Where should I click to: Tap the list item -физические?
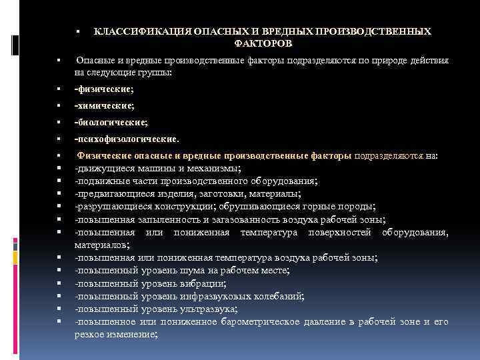pyautogui.click(x=104, y=89)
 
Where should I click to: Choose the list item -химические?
pyautogui.click(x=104, y=106)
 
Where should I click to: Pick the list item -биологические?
pyautogui.click(x=111, y=123)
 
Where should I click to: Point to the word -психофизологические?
pyautogui.click(x=127, y=139)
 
